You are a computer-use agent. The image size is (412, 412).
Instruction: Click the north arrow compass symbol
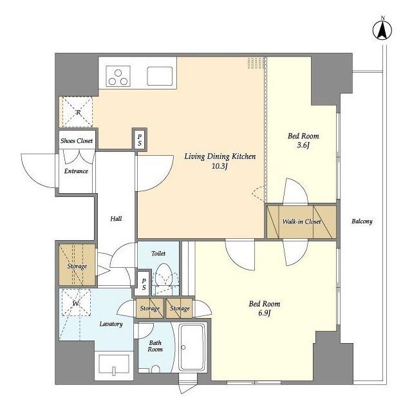tap(382, 30)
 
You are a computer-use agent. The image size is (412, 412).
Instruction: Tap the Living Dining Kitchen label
tap(220, 156)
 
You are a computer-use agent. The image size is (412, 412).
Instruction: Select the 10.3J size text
tap(220, 166)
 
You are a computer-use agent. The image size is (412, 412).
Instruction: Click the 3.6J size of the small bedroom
tap(303, 145)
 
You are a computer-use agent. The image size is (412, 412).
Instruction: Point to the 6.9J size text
tap(265, 314)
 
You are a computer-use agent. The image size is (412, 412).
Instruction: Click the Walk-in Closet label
tap(302, 221)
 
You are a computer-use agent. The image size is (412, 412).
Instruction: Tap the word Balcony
tap(362, 221)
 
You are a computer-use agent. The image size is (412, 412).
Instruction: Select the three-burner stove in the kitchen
tap(118, 76)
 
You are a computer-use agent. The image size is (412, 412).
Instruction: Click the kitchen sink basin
tap(160, 76)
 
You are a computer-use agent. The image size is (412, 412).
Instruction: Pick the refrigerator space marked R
tap(77, 112)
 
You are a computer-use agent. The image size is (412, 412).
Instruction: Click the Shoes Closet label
tap(77, 141)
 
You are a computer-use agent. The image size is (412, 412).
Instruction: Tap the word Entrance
tap(76, 171)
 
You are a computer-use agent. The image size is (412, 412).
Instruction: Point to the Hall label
tap(116, 219)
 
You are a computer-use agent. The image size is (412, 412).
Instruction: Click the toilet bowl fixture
tap(164, 276)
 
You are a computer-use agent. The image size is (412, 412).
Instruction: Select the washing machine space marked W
tap(76, 303)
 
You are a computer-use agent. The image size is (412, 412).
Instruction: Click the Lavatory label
tap(111, 324)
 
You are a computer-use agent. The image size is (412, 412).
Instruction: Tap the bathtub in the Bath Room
tap(192, 346)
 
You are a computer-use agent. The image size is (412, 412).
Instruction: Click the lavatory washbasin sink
tap(114, 364)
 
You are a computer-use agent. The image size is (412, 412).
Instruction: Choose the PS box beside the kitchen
tap(140, 140)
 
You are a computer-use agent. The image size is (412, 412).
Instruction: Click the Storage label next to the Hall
tap(77, 267)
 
